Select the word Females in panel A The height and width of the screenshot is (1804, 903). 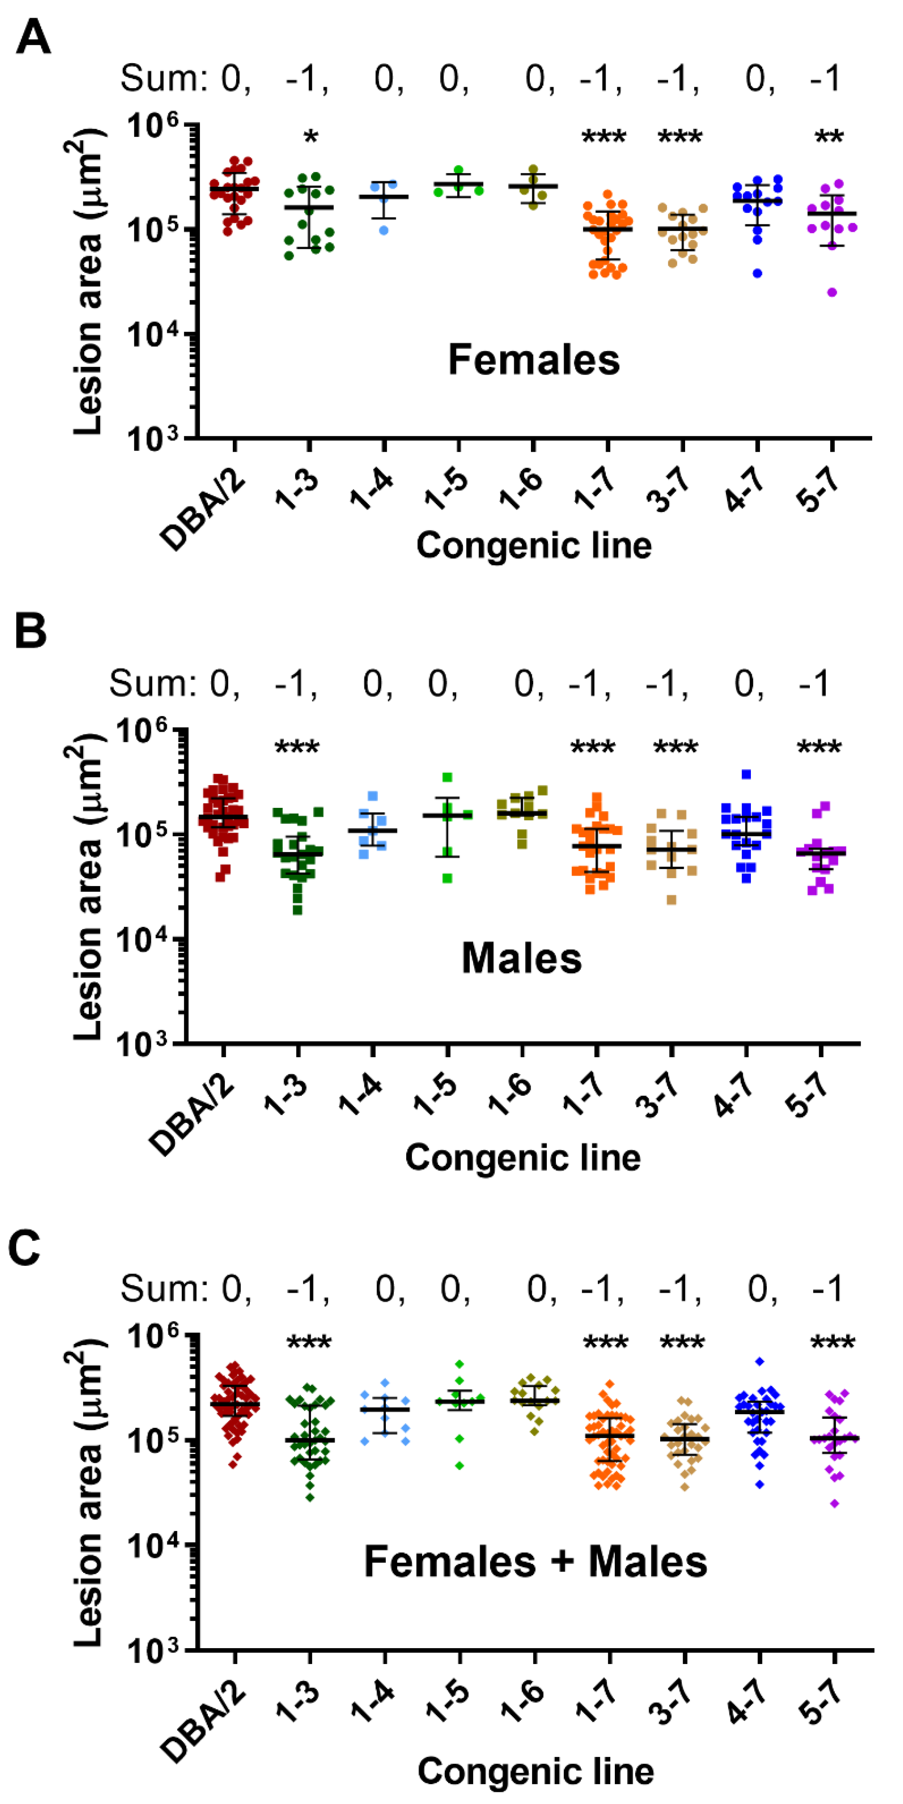[x=534, y=360]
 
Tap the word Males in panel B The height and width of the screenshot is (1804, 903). [x=521, y=958]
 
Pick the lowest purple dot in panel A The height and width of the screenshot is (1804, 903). [x=832, y=293]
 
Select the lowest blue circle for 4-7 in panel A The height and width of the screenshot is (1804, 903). [x=757, y=273]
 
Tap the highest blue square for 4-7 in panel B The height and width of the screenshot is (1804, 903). [x=746, y=774]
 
